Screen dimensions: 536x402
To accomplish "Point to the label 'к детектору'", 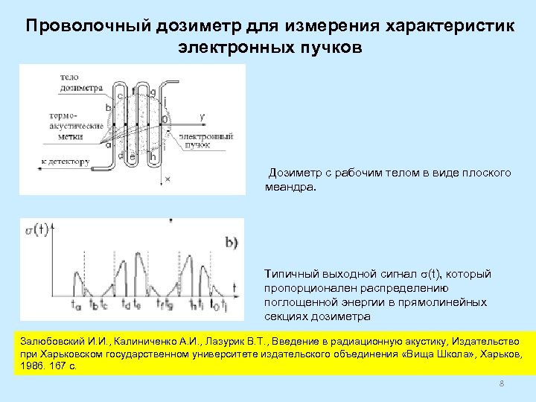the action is [x=66, y=161].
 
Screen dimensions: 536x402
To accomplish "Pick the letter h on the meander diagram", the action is [x=153, y=156].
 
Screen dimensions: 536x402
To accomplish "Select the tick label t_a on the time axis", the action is [x=75, y=304].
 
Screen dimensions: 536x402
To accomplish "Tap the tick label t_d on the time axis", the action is [x=126, y=304].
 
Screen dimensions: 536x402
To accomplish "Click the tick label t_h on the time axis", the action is [x=192, y=304].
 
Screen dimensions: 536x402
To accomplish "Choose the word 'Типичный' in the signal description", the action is [x=291, y=275].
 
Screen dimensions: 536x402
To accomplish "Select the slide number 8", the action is [x=501, y=383].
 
